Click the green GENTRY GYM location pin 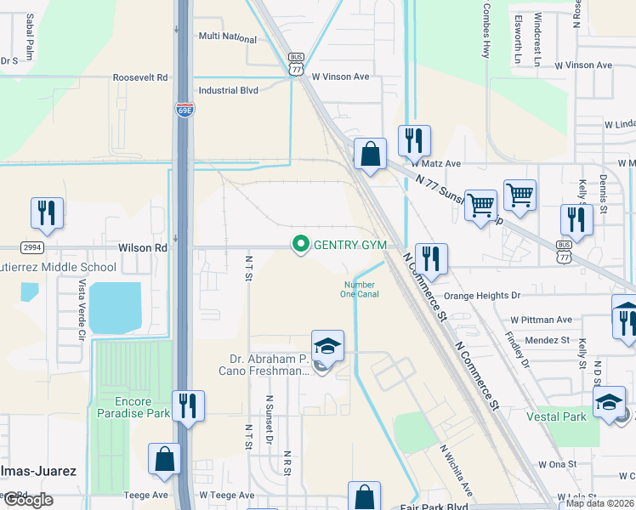coord(300,245)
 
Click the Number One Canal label coord(361,289)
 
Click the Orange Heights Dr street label coord(481,296)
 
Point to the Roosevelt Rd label coord(141,77)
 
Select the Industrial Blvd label coord(227,90)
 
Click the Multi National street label coord(227,38)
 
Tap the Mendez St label coord(546,340)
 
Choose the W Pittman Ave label coord(541,320)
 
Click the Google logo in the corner coord(27,499)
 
